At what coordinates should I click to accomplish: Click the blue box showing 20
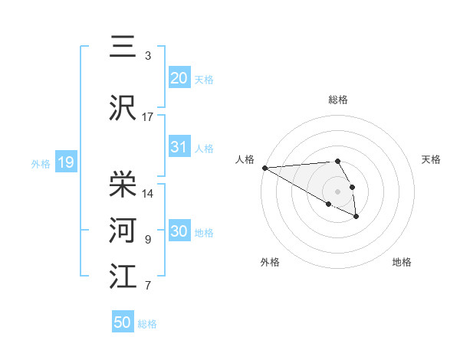[x=179, y=77]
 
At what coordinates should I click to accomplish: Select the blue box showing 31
[x=179, y=147]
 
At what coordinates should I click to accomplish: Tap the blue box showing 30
[x=179, y=231]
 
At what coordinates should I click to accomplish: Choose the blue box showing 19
[x=65, y=162]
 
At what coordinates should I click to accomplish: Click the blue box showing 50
[x=123, y=322]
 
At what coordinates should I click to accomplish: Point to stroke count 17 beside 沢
[x=148, y=116]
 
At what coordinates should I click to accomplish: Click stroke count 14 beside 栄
[x=148, y=193]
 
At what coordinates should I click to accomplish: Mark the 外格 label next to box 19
[x=40, y=163]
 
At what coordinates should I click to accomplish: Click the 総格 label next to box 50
[x=147, y=324]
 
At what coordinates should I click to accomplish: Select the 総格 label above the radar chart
[x=337, y=100]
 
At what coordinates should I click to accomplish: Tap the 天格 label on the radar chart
[x=431, y=159]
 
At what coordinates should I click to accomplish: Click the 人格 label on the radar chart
[x=245, y=159]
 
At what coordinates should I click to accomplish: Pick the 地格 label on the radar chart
[x=402, y=262]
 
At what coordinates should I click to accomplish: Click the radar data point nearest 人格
[x=264, y=168]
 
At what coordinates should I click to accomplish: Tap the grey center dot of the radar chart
[x=337, y=191]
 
